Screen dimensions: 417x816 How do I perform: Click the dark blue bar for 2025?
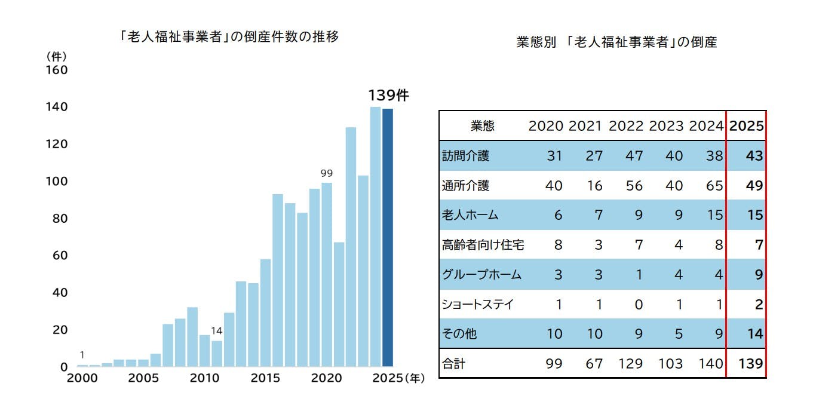click(x=387, y=238)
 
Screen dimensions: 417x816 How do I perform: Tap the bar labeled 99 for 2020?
click(x=326, y=274)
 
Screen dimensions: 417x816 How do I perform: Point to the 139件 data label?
click(x=388, y=96)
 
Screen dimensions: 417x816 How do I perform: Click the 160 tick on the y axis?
click(x=57, y=70)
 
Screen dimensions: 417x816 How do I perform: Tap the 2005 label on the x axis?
click(x=143, y=378)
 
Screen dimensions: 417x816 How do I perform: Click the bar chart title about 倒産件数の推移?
click(x=228, y=37)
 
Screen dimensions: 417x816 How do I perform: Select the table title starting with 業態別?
click(x=616, y=42)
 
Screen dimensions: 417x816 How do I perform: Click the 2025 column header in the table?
click(x=747, y=126)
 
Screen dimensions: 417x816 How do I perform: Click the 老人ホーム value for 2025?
click(x=755, y=215)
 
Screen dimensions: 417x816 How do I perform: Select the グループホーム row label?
click(x=481, y=275)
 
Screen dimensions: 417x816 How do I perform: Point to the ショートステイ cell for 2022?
click(x=638, y=304)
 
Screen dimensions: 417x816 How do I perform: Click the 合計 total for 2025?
click(x=751, y=363)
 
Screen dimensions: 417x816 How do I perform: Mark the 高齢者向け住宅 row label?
click(x=483, y=245)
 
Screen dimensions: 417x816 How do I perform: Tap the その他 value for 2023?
click(x=678, y=333)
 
